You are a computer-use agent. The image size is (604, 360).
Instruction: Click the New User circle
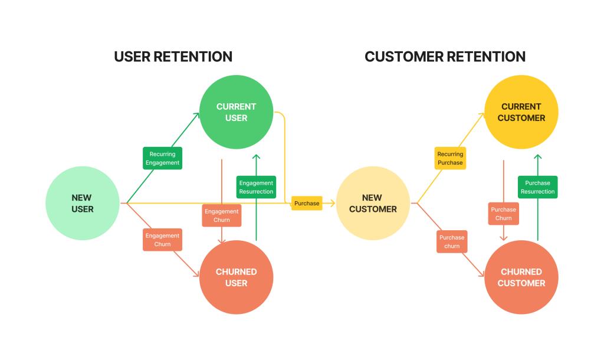83,203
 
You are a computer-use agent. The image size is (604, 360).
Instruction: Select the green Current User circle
236,112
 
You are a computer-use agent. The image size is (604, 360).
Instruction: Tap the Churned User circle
236,277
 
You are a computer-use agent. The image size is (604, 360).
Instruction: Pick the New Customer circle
372,203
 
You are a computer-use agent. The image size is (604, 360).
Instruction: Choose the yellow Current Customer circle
521,112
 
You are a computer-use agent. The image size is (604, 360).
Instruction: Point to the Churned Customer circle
521,277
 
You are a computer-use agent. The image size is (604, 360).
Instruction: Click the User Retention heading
173,57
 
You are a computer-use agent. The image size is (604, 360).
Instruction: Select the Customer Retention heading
445,57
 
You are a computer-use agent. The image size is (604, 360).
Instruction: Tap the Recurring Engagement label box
162,158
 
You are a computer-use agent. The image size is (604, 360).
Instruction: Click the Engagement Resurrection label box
256,187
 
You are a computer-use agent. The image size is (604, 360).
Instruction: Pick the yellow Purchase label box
307,203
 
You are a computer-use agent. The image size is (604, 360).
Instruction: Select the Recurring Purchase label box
450,158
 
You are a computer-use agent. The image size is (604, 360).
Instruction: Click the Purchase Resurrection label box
537,187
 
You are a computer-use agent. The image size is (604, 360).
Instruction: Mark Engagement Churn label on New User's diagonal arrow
162,240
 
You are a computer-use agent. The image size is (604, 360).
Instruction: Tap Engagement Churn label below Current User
221,215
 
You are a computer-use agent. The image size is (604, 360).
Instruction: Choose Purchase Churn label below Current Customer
503,214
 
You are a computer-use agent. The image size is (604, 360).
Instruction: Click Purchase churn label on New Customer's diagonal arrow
452,241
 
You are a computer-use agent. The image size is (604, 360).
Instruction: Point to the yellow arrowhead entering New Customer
332,203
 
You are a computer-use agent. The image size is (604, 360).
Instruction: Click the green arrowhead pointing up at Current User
256,157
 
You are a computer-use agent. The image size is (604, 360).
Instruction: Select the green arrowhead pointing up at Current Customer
537,157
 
